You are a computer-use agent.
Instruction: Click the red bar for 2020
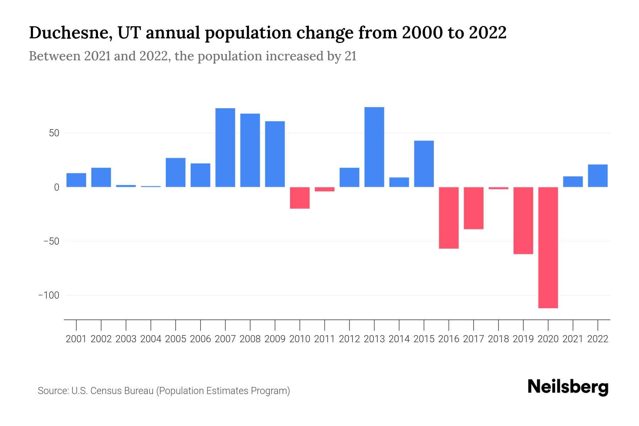pos(548,247)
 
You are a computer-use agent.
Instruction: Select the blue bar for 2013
pos(374,147)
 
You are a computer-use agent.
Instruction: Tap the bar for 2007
pos(225,148)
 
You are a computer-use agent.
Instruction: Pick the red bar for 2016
pos(449,218)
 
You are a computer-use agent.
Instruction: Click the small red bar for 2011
pos(324,189)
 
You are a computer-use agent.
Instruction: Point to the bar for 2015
pos(424,164)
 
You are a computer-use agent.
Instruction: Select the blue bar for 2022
pos(597,176)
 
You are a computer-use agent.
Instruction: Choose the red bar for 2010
pos(300,198)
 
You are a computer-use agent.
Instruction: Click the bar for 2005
pos(175,173)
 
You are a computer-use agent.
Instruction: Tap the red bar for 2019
pos(523,220)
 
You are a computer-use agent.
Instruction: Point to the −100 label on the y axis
pos(49,295)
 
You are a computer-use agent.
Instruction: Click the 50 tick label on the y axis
pos(54,133)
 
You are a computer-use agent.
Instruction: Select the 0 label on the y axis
pos(56,187)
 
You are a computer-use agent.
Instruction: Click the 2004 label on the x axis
pos(151,339)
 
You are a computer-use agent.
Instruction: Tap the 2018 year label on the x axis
pos(498,339)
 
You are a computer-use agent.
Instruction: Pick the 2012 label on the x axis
pos(349,339)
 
